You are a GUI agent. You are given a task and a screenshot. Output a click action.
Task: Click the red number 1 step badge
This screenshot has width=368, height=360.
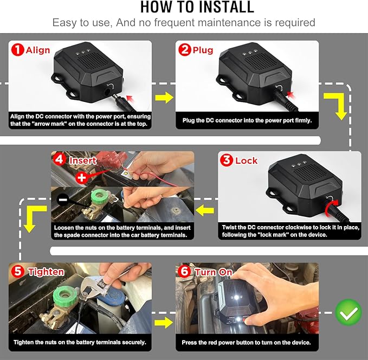[x=17, y=50]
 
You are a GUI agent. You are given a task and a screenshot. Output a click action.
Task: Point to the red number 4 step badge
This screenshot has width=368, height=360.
[x=60, y=161]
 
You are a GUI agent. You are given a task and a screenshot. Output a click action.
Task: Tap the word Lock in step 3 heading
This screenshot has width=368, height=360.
[x=247, y=161]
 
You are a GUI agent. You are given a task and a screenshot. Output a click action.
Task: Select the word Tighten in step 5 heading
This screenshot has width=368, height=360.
[x=46, y=272]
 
